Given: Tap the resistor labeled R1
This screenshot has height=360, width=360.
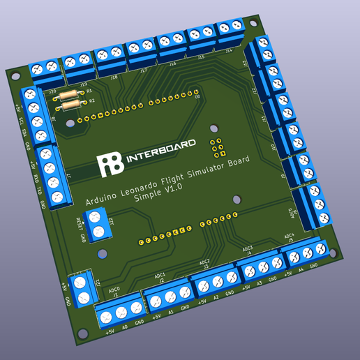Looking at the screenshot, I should (x=68, y=95).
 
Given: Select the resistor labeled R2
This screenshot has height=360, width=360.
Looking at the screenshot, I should (x=70, y=105).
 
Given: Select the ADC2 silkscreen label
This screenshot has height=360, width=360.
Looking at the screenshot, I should (x=204, y=261).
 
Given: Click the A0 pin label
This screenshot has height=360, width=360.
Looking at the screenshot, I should (x=124, y=326).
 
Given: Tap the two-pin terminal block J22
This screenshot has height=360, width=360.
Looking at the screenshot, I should (x=102, y=225).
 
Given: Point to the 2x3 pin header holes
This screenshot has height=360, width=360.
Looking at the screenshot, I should (x=218, y=146).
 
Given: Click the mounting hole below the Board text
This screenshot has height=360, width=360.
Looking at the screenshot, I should (x=236, y=199).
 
